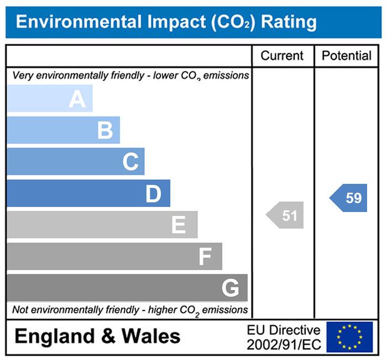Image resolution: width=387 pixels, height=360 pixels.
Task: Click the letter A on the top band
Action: [77, 99]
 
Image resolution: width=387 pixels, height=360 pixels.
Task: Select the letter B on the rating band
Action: [105, 131]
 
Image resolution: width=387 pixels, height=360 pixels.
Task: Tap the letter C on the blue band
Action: [130, 162]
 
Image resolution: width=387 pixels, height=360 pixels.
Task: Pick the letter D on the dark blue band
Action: [153, 194]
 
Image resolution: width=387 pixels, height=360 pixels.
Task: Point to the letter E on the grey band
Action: [178, 225]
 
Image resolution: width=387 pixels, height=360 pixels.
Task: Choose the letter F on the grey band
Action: [205, 257]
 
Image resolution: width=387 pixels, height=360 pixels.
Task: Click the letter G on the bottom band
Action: [230, 288]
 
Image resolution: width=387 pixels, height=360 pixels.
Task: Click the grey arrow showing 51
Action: [286, 215]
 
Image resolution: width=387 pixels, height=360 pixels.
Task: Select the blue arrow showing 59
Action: [350, 198]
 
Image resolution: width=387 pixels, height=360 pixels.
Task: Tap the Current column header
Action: [282, 56]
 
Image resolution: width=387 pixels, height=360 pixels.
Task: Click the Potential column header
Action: [347, 56]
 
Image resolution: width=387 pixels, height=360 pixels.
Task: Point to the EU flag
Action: [349, 337]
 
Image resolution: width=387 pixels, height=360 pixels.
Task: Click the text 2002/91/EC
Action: [284, 345]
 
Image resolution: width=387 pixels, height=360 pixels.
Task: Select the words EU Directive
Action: [284, 330]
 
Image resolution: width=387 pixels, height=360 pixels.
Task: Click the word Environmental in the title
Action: [77, 22]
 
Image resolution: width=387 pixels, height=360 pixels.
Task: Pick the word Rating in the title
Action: [289, 22]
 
